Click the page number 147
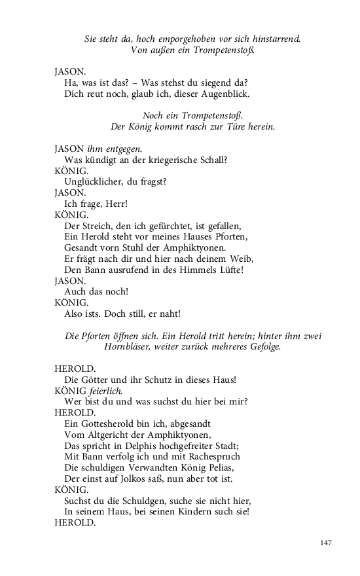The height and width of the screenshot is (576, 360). click(327, 543)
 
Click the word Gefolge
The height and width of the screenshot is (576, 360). click(262, 347)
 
